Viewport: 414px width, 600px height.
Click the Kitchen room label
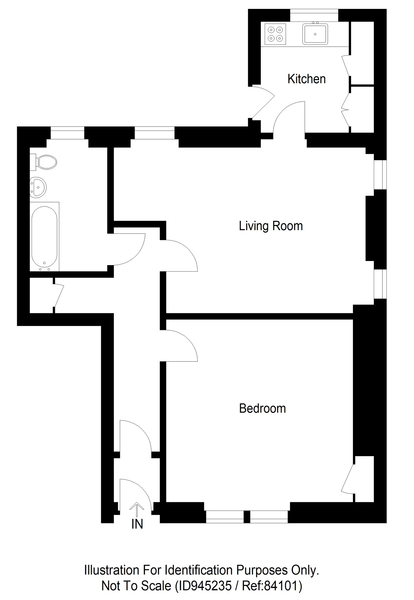(x=306, y=79)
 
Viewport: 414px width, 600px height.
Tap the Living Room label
(x=270, y=226)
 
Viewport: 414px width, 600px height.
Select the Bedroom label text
(x=262, y=409)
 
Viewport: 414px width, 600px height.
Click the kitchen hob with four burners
(x=275, y=34)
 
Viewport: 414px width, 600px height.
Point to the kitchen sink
(x=315, y=34)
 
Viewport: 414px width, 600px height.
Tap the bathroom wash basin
(x=38, y=186)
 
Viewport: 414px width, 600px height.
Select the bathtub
(x=44, y=236)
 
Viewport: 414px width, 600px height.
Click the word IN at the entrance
(x=137, y=524)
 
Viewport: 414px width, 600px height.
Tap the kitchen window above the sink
(x=314, y=15)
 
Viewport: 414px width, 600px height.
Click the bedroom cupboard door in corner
(x=347, y=479)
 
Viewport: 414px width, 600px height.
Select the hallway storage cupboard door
(x=59, y=295)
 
